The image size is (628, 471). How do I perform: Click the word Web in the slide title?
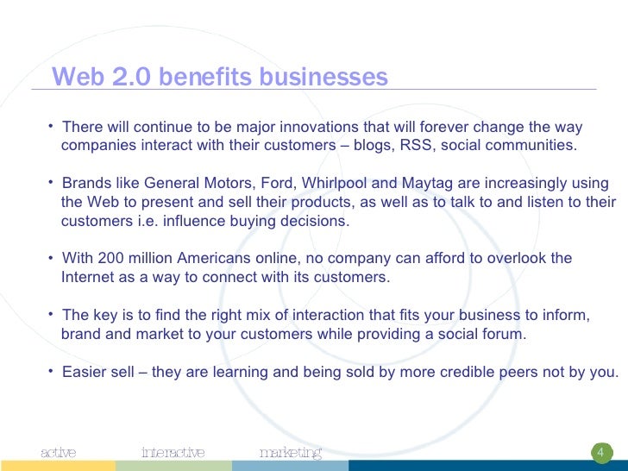pos(74,78)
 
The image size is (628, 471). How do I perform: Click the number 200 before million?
pos(112,259)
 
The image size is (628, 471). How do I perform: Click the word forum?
pos(505,335)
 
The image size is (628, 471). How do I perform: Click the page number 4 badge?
pos(601,453)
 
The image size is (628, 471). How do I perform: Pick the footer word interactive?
pos(173,453)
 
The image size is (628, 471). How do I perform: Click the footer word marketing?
pos(291,453)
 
